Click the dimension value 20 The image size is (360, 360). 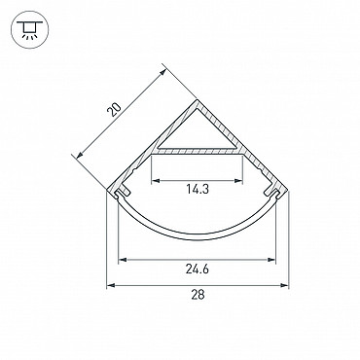(114, 110)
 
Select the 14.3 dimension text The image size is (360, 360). (198, 189)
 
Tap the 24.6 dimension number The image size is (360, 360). (198, 269)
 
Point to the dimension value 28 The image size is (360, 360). (198, 295)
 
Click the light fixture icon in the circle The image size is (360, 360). (30, 30)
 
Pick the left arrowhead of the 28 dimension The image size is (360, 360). (111, 285)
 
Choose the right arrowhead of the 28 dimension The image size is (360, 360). (284, 285)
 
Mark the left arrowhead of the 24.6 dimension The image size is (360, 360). (123, 260)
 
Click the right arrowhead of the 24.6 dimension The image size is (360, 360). (271, 260)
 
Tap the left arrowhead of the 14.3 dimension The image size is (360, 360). (156, 180)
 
